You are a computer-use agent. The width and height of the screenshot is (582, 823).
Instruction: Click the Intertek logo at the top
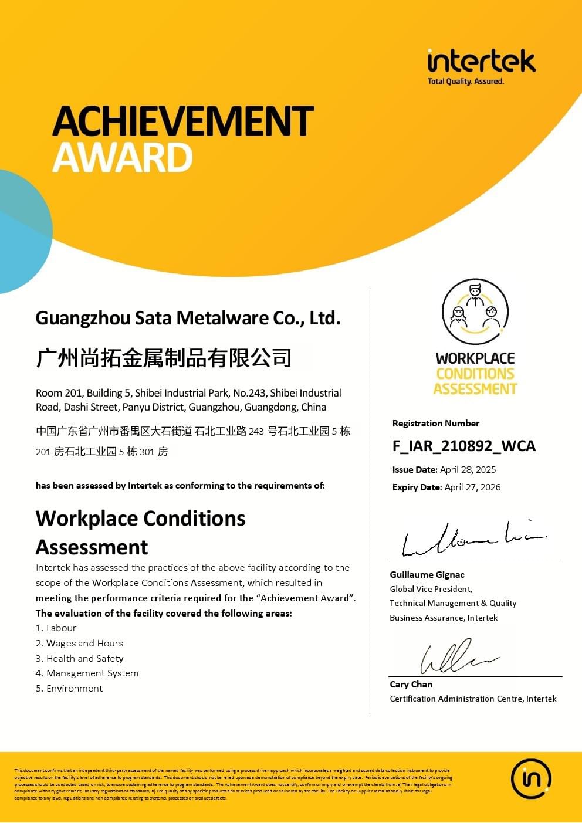(x=481, y=62)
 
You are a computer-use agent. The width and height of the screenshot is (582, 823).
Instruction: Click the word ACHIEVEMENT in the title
(x=183, y=121)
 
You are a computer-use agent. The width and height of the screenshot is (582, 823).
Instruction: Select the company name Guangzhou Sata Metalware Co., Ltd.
(x=188, y=318)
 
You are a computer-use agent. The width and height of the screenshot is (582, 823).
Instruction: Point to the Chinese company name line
(x=164, y=357)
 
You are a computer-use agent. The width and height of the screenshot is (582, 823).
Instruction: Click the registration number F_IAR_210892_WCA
(x=463, y=446)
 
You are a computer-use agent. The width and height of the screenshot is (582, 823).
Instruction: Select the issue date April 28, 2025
(x=468, y=469)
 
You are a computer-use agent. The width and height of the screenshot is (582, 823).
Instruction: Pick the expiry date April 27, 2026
(x=472, y=487)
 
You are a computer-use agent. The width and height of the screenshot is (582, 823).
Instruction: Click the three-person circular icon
(x=475, y=311)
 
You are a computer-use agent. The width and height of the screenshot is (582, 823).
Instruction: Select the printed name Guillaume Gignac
(x=427, y=575)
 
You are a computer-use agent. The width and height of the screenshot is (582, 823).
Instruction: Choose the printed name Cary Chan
(x=411, y=684)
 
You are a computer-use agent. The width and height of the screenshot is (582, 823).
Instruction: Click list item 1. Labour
(x=56, y=628)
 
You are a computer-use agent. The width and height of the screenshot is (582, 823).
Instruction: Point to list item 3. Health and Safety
(x=79, y=658)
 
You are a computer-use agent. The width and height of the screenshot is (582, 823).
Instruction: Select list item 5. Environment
(x=69, y=688)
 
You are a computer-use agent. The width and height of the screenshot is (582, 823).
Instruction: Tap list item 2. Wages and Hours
(x=79, y=643)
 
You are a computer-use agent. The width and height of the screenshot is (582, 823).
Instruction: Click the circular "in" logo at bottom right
(x=531, y=779)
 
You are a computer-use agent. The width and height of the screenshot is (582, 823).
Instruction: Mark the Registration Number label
(x=436, y=423)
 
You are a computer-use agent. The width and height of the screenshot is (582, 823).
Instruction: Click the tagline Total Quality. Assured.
(x=466, y=82)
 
